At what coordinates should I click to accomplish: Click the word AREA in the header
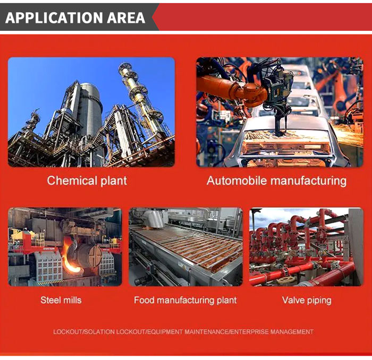click(x=126, y=18)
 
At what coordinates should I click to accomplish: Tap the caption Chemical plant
click(x=87, y=181)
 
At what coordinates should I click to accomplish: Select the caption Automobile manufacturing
click(x=276, y=181)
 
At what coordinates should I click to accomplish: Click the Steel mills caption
click(x=61, y=300)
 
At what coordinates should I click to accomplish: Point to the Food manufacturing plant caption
click(x=185, y=301)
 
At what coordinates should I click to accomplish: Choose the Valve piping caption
click(x=307, y=301)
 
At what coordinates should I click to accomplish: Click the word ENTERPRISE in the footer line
click(x=250, y=332)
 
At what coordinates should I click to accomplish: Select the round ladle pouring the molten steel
click(x=86, y=255)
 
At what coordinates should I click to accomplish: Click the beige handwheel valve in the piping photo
click(x=286, y=280)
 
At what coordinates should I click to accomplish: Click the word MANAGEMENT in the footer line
click(x=292, y=332)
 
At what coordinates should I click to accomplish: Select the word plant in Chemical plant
click(x=114, y=181)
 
